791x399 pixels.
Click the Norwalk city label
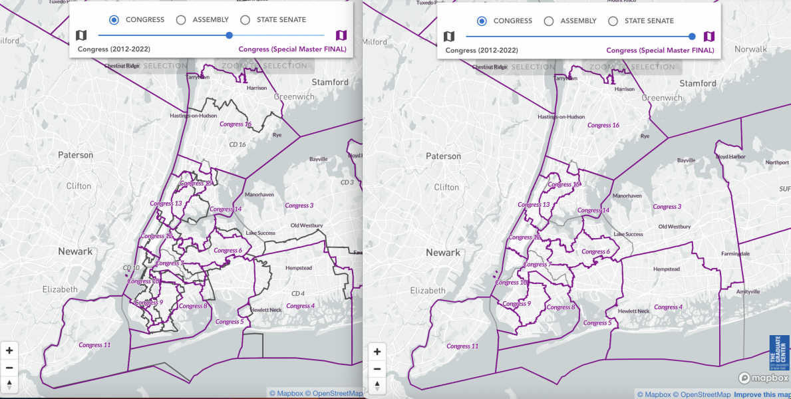coord(750,49)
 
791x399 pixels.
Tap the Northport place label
coord(777,162)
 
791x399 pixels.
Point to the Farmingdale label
coord(736,254)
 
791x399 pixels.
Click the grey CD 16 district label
coord(237,144)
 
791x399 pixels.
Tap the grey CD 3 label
coord(347,182)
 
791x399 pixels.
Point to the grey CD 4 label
coord(297,293)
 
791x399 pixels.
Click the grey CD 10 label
coord(131,268)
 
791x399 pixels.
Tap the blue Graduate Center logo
coord(779,352)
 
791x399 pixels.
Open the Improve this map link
coord(763,394)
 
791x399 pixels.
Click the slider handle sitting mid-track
coord(230,35)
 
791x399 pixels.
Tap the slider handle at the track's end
coord(693,37)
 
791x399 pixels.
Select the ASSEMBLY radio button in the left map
coord(181,20)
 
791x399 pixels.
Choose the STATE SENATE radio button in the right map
coord(613,21)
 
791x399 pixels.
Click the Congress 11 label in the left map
coord(94,345)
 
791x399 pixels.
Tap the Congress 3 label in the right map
coord(667,207)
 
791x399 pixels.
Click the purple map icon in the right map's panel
coord(709,37)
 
